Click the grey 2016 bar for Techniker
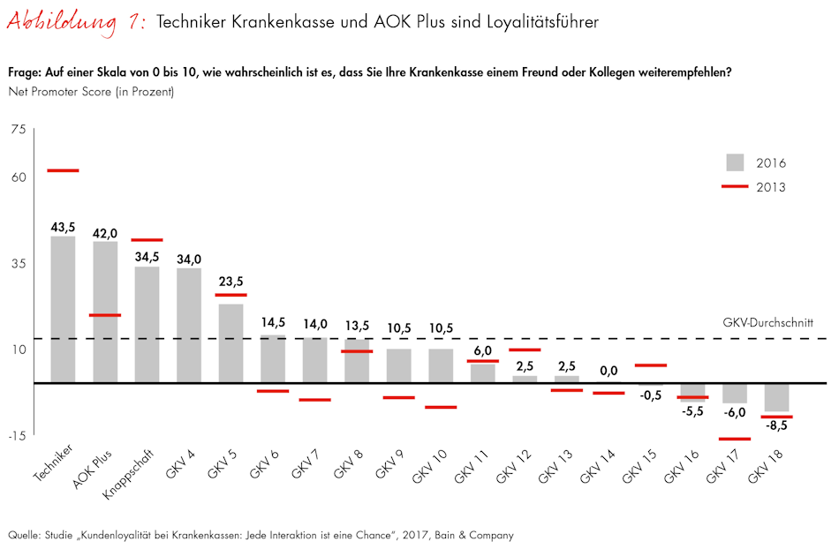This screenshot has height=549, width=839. pyautogui.click(x=63, y=309)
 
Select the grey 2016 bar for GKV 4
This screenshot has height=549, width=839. pyautogui.click(x=189, y=325)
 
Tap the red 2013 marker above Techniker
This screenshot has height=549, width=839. pyautogui.click(x=63, y=170)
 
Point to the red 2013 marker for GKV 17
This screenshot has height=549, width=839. pyautogui.click(x=735, y=439)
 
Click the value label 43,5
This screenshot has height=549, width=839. pyautogui.click(x=63, y=227)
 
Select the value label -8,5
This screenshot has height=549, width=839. pyautogui.click(x=777, y=425)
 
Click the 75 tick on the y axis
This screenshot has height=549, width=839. pyautogui.click(x=19, y=131)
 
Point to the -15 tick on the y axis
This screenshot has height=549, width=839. pyautogui.click(x=18, y=434)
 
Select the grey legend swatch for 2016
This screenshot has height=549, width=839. pyautogui.click(x=734, y=162)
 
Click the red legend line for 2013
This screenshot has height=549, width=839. pyautogui.click(x=734, y=186)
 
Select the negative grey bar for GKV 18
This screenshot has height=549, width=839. pyautogui.click(x=777, y=398)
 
